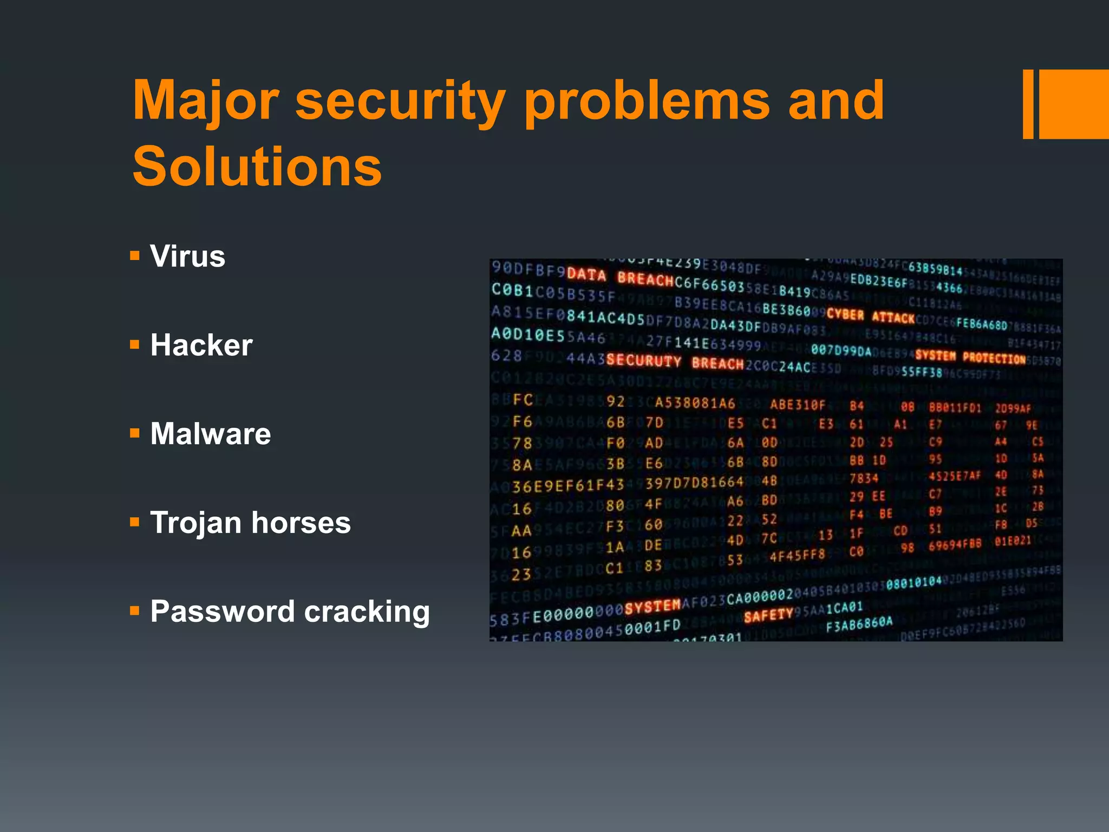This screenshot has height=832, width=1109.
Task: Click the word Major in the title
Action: tap(206, 100)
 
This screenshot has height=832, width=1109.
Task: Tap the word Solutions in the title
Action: tap(257, 167)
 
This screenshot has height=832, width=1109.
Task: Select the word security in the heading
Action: tap(401, 100)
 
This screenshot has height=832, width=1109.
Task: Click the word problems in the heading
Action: tap(647, 100)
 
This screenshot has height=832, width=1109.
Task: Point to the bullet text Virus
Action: tap(187, 256)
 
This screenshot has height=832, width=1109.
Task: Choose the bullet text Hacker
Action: tap(201, 345)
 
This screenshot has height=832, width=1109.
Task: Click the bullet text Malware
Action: tap(211, 434)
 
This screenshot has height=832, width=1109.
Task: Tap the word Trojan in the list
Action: tap(195, 523)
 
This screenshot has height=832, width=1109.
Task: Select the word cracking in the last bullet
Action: tap(367, 612)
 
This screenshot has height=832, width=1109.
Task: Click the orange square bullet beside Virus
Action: tap(135, 255)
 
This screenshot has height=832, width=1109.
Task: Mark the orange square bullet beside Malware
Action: tap(135, 433)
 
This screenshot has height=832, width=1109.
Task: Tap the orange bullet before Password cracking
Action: tap(135, 611)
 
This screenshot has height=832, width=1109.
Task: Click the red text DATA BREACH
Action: tap(619, 277)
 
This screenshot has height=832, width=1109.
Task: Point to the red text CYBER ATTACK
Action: tap(870, 316)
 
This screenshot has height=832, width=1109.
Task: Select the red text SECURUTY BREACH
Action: tap(675, 362)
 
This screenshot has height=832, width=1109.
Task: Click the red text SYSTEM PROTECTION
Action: tap(970, 357)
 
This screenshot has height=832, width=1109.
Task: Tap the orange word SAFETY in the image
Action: tap(768, 616)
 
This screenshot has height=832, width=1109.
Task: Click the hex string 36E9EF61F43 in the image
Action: tap(568, 485)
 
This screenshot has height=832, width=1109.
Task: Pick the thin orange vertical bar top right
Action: tap(1028, 104)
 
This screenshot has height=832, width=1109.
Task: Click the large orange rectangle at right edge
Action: tap(1074, 104)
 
